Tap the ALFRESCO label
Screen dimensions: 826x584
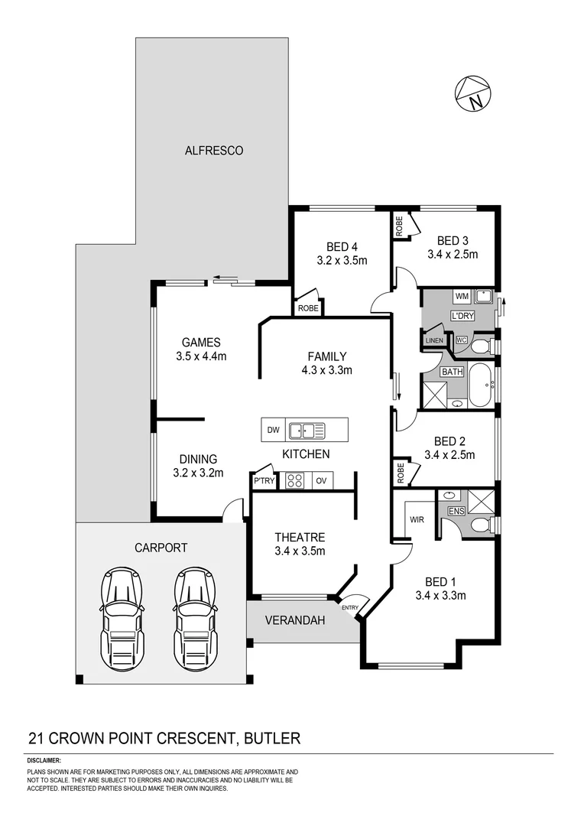pos(214,151)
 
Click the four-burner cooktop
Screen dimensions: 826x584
pos(294,480)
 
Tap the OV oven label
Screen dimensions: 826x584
pos(321,480)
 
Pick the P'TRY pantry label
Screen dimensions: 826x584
pos(263,480)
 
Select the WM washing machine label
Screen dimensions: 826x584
pos(462,295)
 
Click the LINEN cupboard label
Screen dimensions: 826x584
pos(434,340)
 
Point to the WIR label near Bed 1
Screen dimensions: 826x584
pos(417,519)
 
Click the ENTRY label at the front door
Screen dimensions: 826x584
pos(349,608)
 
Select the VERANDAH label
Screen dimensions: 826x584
pos(294,620)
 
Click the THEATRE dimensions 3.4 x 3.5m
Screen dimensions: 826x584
pos(300,551)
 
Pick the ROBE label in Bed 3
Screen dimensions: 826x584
pos(399,225)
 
